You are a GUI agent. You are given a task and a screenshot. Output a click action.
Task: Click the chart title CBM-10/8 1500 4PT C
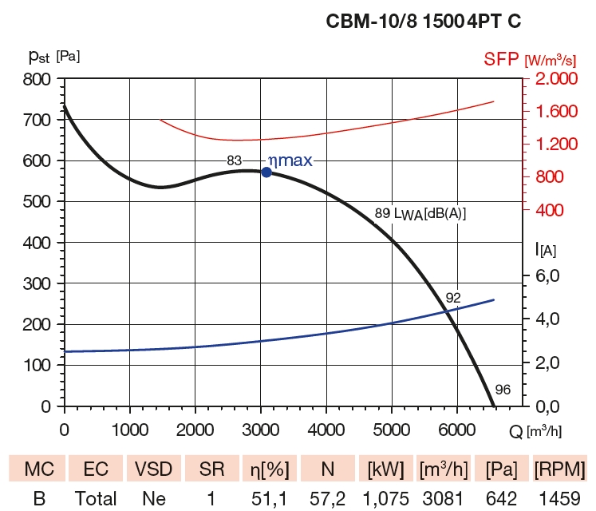click(x=424, y=22)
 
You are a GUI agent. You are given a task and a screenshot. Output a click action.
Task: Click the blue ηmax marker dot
click(x=266, y=172)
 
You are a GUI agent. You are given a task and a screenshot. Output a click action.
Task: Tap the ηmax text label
click(x=290, y=160)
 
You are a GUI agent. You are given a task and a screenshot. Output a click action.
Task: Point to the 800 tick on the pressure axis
click(x=37, y=79)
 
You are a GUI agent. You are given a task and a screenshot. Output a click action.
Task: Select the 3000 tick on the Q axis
click(x=260, y=429)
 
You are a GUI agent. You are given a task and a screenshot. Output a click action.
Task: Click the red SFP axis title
click(x=530, y=59)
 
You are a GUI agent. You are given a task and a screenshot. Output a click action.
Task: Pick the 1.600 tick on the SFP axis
click(x=551, y=111)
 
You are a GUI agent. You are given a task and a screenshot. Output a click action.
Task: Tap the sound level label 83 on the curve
click(x=234, y=160)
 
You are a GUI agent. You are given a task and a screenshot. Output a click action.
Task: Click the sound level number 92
click(x=453, y=298)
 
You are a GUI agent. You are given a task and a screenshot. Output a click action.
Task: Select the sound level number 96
click(x=502, y=390)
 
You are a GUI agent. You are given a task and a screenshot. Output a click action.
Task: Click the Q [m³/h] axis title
click(x=535, y=430)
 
